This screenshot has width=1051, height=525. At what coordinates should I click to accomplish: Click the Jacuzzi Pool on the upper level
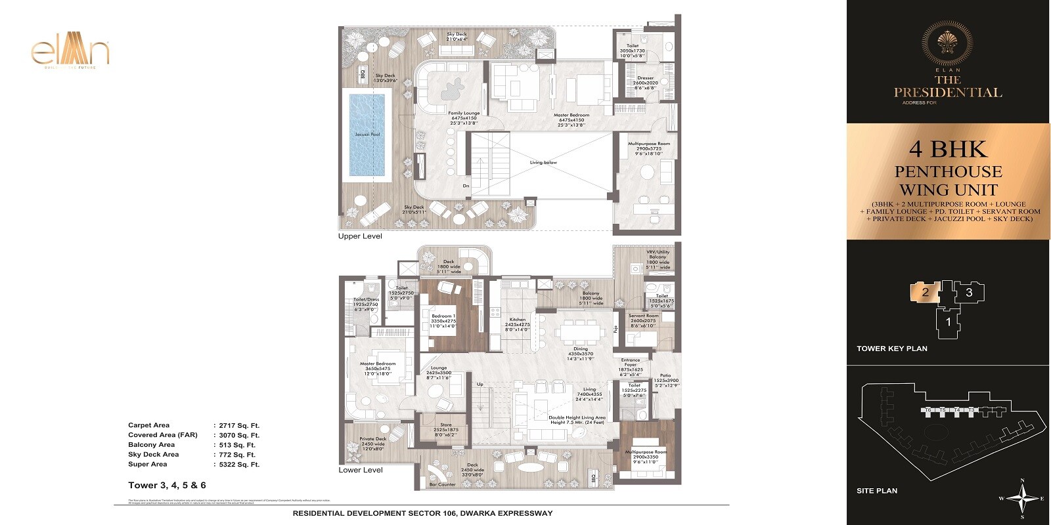(367, 135)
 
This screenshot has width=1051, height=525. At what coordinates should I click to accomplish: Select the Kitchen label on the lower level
(518, 320)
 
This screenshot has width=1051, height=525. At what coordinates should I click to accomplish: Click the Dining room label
(580, 349)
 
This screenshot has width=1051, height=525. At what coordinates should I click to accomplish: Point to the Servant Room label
(643, 316)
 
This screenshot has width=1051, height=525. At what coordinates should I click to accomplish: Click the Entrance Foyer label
(630, 360)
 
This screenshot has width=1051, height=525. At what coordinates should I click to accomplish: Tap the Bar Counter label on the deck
(442, 485)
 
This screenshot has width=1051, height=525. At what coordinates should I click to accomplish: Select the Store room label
(446, 425)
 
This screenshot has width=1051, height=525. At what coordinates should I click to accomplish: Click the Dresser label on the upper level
(645, 78)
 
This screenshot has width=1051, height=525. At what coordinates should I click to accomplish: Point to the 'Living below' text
(543, 162)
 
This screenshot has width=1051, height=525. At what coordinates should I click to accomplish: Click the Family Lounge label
(464, 113)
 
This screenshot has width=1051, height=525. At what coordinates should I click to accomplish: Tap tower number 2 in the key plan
(925, 293)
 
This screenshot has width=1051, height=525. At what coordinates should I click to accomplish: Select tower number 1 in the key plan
(948, 322)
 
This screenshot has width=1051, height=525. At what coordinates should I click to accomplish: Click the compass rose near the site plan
(1022, 498)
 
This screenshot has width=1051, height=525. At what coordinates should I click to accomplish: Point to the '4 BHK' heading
(948, 150)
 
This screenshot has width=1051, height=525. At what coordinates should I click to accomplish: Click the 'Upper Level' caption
(359, 236)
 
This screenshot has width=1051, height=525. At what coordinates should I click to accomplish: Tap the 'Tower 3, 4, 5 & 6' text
(167, 486)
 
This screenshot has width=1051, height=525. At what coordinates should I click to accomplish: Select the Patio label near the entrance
(665, 376)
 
